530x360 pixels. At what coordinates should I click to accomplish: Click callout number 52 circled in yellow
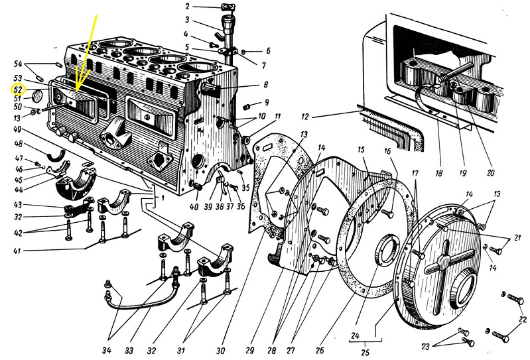click(18, 89)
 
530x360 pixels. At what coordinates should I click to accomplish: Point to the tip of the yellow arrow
click(76, 90)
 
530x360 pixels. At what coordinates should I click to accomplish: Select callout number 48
click(18, 144)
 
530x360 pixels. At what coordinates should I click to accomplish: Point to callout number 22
click(521, 321)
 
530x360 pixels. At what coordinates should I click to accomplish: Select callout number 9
click(266, 103)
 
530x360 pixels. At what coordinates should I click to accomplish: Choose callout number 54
click(18, 64)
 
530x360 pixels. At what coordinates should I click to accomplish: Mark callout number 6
click(268, 50)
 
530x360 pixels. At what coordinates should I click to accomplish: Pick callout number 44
click(18, 190)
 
